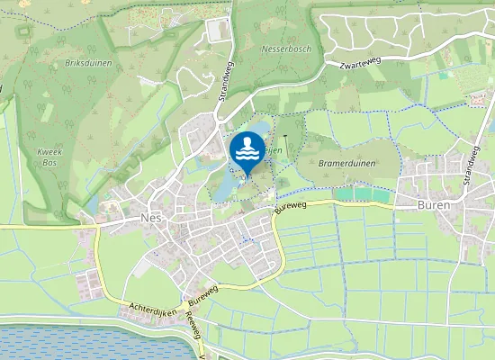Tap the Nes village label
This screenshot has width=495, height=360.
click(x=149, y=219)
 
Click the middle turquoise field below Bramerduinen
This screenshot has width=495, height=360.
click(x=363, y=193)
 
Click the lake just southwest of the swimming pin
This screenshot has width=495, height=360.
click(x=222, y=187)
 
